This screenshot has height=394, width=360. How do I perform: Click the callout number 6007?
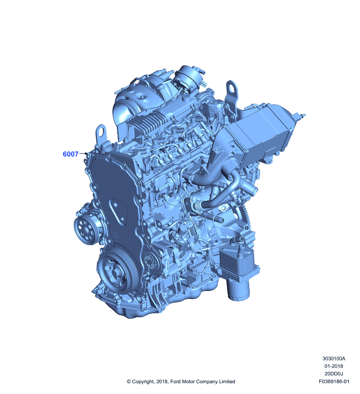pos(70,154)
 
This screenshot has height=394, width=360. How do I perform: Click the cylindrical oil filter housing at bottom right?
pos(239,290)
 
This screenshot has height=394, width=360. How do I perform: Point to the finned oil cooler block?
pos(237,263)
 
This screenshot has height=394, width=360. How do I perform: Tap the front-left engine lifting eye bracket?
pos(101,133)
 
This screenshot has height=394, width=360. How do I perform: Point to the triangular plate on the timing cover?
pos(118,212)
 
